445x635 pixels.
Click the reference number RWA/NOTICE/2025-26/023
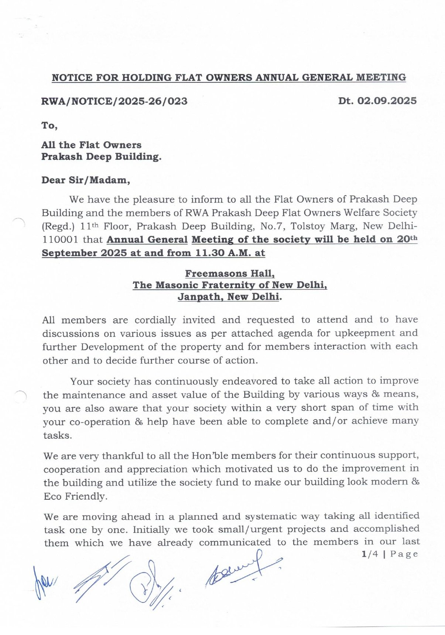click(x=114, y=101)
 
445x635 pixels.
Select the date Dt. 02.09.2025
click(x=377, y=101)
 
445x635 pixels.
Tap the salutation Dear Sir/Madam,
click(x=86, y=180)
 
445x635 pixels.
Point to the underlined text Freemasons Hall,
click(x=230, y=274)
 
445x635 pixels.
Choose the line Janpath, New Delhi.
click(x=229, y=297)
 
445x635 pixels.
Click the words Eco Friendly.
click(x=75, y=496)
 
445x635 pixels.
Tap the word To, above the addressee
click(x=49, y=126)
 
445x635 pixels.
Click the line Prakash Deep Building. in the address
click(x=101, y=157)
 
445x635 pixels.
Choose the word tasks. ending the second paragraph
click(x=57, y=435)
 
